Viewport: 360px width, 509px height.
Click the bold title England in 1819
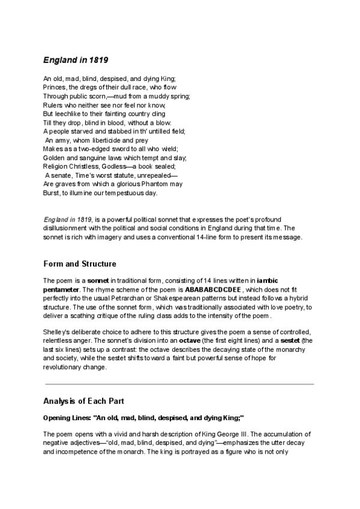point(75,60)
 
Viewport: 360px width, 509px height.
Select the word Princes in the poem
point(55,87)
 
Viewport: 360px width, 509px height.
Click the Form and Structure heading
point(80,264)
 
